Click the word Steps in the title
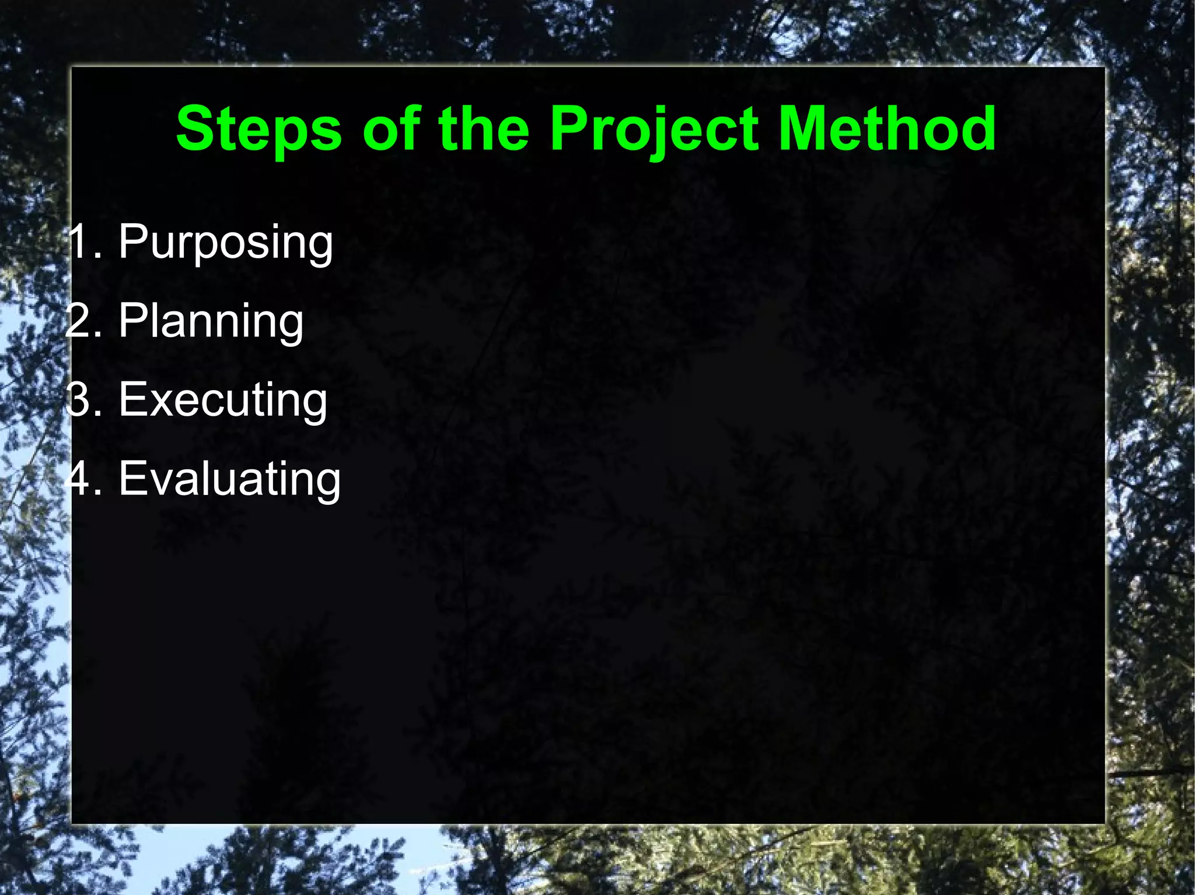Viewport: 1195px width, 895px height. pyautogui.click(x=258, y=129)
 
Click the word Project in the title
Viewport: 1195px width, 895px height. pyautogui.click(x=654, y=129)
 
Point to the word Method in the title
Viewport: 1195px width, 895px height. pyautogui.click(x=887, y=129)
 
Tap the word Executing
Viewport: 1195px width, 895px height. pyautogui.click(x=223, y=401)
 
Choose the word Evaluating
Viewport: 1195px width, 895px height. pyautogui.click(x=229, y=479)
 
